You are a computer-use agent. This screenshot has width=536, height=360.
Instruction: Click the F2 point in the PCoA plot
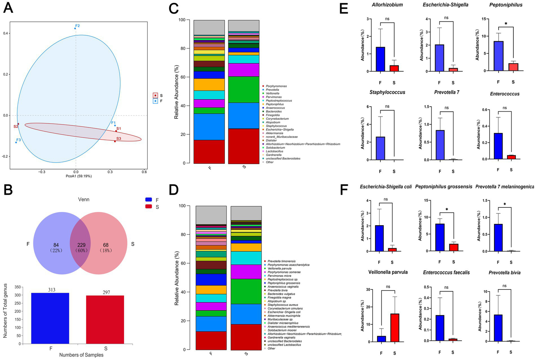[x=75, y=28]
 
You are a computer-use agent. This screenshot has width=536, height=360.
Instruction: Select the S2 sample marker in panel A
[x=18, y=124]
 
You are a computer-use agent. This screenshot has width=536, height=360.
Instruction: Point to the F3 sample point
[x=16, y=142]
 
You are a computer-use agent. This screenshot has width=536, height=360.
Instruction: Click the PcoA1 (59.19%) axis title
[x=79, y=176]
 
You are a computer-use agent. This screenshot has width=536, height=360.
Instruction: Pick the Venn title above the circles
[x=84, y=199]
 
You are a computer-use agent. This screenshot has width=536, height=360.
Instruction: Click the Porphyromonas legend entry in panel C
[x=276, y=86]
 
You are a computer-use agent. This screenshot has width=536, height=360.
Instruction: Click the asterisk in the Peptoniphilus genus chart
[x=506, y=24]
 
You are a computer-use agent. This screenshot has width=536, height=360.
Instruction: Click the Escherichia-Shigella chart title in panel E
[x=445, y=5]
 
